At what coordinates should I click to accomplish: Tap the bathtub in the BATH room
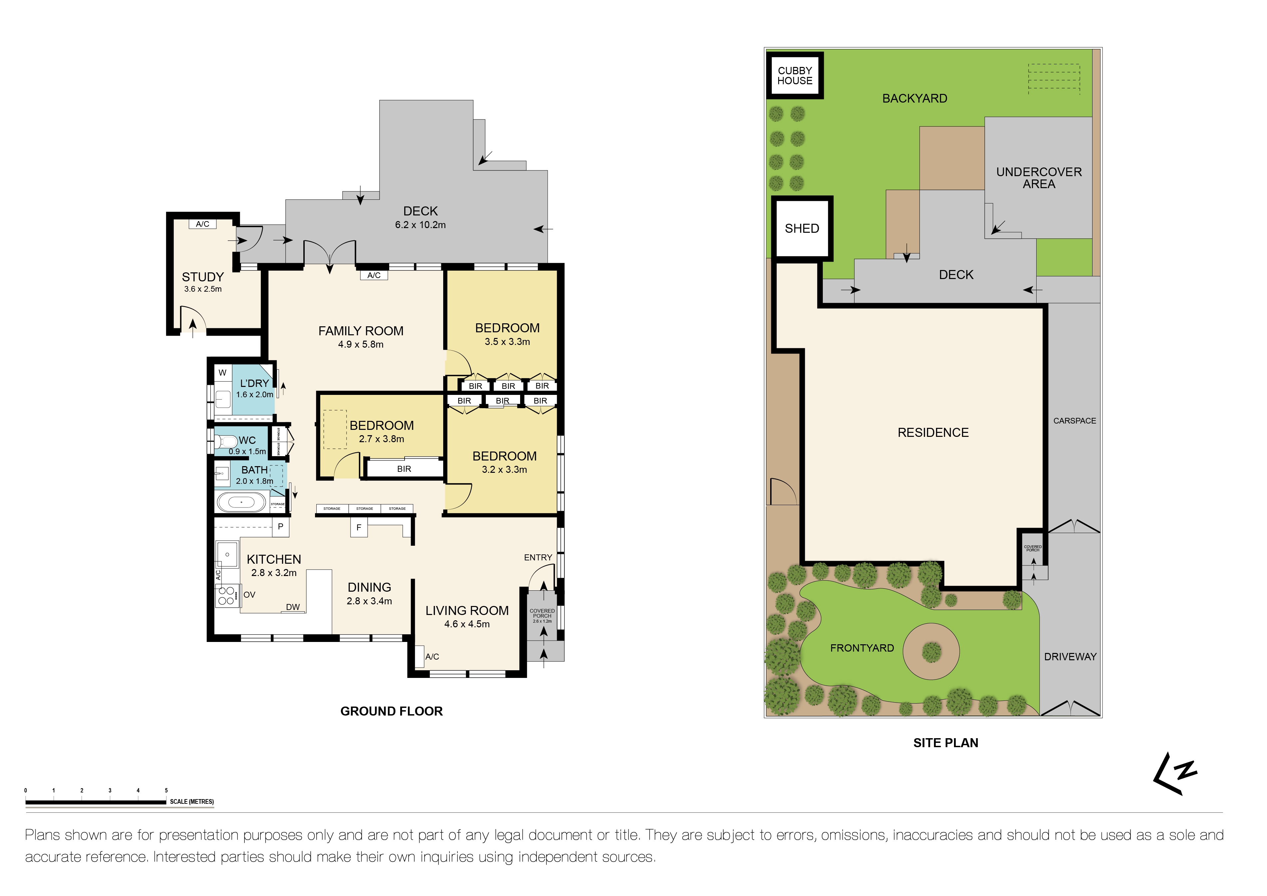pyautogui.click(x=241, y=503)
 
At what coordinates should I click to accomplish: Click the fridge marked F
pyautogui.click(x=359, y=527)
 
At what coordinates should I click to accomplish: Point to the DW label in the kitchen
pyautogui.click(x=292, y=607)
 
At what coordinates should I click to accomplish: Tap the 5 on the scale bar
pyautogui.click(x=166, y=790)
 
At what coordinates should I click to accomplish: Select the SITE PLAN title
pyautogui.click(x=945, y=743)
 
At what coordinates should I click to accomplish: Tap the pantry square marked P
pyautogui.click(x=280, y=527)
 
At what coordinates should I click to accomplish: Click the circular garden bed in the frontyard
pyautogui.click(x=931, y=652)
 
